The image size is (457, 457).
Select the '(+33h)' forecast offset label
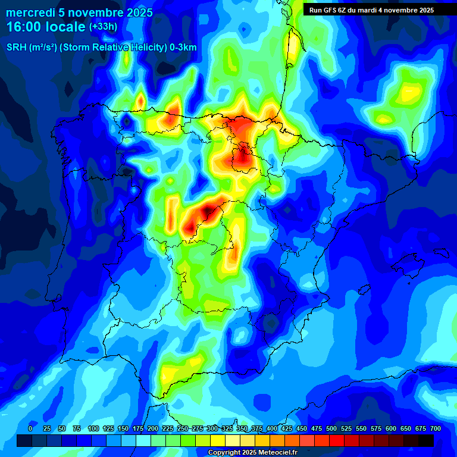[x=103, y=27]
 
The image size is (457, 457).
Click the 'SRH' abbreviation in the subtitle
[x=17, y=48]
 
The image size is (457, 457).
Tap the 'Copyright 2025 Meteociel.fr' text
[x=252, y=452]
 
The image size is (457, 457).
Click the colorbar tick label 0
[x=30, y=428]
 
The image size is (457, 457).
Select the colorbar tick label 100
[x=93, y=428]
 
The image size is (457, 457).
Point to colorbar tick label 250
[x=183, y=428]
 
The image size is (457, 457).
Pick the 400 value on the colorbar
[x=272, y=428]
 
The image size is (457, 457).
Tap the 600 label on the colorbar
[x=391, y=428]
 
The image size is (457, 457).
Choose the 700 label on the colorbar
[x=436, y=428]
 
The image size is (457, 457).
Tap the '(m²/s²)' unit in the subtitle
[x=46, y=48]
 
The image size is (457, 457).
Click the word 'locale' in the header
[x=65, y=27]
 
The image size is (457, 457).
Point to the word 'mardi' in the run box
[x=373, y=10]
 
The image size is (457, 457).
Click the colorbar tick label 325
[x=227, y=428]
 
